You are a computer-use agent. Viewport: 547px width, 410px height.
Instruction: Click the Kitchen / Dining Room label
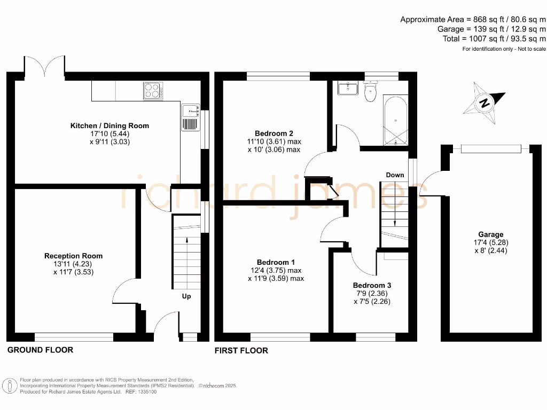(110, 126)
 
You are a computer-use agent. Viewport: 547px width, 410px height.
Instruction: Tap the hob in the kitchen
(153, 91)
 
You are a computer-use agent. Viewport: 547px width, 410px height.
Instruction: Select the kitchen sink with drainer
(190, 118)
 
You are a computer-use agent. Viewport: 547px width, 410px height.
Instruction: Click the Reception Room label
(73, 256)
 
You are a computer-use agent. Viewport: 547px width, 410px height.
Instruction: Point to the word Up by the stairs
(186, 296)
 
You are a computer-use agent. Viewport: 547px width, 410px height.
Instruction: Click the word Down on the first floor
(395, 175)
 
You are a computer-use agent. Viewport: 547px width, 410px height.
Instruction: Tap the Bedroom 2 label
(273, 133)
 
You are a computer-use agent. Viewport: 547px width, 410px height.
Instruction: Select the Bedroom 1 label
(276, 262)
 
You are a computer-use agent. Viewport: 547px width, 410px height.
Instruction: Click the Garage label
(491, 234)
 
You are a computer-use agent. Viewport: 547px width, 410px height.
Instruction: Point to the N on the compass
(485, 103)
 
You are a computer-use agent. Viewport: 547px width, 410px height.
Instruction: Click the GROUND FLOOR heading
(40, 350)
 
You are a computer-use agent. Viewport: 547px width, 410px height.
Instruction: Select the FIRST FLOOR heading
(241, 351)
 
